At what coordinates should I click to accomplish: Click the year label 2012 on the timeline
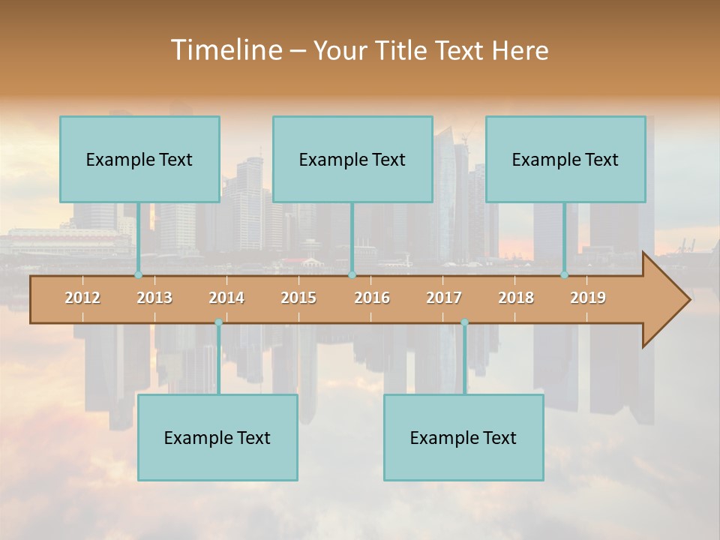pyautogui.click(x=82, y=298)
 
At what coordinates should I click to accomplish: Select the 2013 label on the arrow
pyautogui.click(x=154, y=298)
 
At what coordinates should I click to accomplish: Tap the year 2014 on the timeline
pyautogui.click(x=226, y=298)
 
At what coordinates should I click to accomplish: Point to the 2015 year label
pyautogui.click(x=298, y=298)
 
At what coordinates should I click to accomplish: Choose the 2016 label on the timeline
pyautogui.click(x=372, y=298)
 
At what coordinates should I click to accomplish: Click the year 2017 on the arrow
pyautogui.click(x=444, y=298)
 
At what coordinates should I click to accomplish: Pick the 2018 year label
pyautogui.click(x=516, y=298)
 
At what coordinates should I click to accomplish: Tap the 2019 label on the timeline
pyautogui.click(x=588, y=298)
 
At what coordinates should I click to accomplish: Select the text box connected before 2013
pyautogui.click(x=139, y=160)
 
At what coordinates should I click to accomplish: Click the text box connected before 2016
pyautogui.click(x=352, y=160)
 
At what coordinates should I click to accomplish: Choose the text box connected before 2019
pyautogui.click(x=565, y=160)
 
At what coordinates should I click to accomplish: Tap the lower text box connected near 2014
pyautogui.click(x=217, y=438)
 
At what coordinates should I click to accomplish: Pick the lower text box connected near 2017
pyautogui.click(x=463, y=438)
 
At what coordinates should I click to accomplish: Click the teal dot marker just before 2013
pyautogui.click(x=138, y=275)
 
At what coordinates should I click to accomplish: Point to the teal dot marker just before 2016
pyautogui.click(x=352, y=275)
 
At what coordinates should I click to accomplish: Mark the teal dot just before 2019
pyautogui.click(x=565, y=275)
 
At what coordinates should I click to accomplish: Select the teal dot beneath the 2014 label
pyautogui.click(x=218, y=322)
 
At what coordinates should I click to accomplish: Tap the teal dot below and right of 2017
pyautogui.click(x=464, y=322)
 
